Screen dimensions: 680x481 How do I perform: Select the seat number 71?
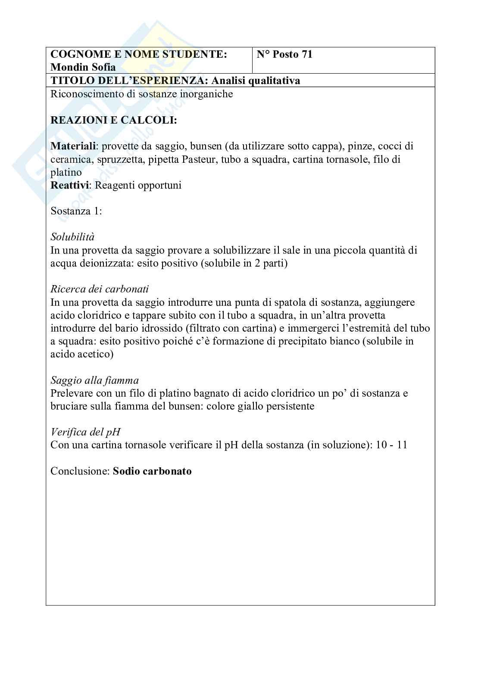click(307, 54)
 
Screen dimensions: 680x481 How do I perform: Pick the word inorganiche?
click(206, 94)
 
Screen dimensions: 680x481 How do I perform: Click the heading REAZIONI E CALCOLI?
click(114, 120)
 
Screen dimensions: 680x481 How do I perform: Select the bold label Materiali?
click(72, 146)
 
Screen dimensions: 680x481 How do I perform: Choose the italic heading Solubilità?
click(72, 237)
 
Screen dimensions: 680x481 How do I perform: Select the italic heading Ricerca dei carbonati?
click(100, 289)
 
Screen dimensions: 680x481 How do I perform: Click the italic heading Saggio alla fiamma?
click(95, 380)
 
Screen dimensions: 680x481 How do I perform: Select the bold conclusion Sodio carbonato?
click(152, 471)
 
